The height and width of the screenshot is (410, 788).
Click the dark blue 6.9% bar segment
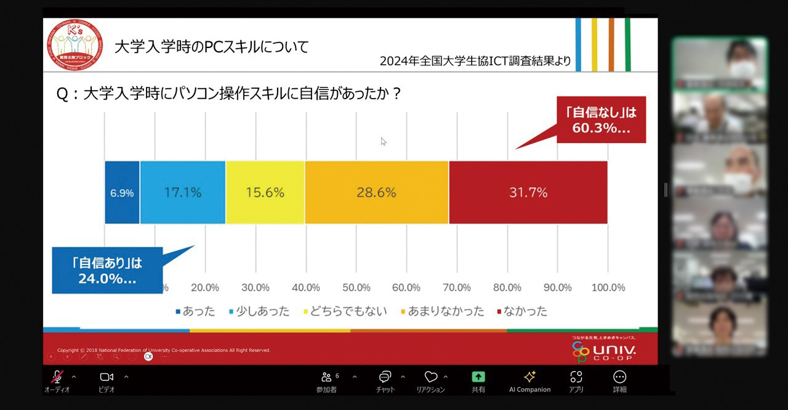122,192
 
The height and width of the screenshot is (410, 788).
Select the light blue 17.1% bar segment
182,192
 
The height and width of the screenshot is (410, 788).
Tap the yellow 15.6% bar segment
265,192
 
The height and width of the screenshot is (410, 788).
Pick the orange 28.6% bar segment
376,192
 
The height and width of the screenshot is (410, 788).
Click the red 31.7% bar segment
528,192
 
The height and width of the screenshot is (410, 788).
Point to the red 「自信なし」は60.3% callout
601,120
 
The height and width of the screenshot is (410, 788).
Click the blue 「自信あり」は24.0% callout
107,270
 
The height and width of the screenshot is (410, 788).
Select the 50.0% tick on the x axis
356,288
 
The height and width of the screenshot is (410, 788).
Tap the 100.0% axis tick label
608,288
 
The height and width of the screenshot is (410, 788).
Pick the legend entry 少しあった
259,311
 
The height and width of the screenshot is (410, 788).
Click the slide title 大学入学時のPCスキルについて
211,47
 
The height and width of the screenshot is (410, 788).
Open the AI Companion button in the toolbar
529,380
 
